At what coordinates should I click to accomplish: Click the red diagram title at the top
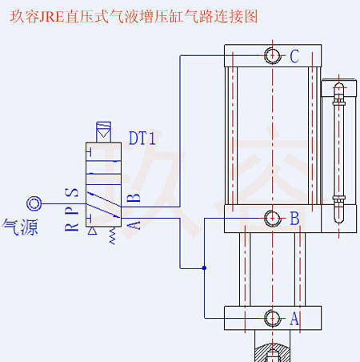pos(134,16)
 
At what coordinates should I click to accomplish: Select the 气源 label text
pos(20,227)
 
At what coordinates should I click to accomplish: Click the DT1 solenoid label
pos(142,138)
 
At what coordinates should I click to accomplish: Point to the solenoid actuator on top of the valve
pos(103,132)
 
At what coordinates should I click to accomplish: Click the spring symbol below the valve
pos(113,235)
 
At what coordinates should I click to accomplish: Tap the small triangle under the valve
pos(92,231)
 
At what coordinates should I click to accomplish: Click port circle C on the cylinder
pos(272,56)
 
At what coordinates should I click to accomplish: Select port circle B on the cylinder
pos(272,218)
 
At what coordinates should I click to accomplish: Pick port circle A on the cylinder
pos(272,318)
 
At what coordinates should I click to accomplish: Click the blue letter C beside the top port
pos(294,56)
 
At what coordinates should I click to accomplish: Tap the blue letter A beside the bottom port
pos(294,319)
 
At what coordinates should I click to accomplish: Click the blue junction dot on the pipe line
pos(204,267)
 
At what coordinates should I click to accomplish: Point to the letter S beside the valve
pos(72,192)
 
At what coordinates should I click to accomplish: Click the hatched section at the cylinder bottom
pos(272,353)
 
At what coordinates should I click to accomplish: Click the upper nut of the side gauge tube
pos(339,102)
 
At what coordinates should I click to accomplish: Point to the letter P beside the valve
pos(72,210)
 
